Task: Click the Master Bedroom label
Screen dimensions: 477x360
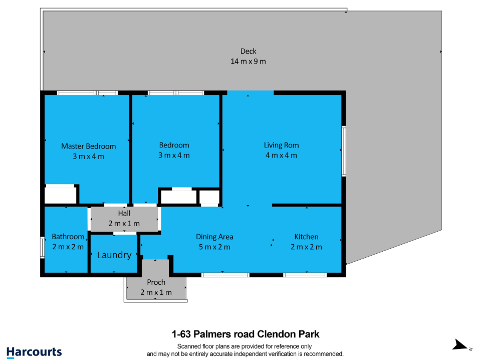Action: (89, 146)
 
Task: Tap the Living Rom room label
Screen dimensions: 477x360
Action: (282, 145)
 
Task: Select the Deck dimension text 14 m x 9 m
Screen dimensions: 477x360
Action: (248, 62)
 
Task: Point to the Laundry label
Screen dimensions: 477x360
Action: (114, 255)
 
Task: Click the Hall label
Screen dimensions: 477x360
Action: (124, 213)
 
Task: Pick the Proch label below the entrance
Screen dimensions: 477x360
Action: (156, 282)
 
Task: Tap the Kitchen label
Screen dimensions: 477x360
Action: (306, 237)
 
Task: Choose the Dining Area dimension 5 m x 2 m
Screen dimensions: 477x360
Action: (214, 247)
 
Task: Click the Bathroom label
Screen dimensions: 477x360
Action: (68, 237)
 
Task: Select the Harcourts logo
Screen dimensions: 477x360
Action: (34, 352)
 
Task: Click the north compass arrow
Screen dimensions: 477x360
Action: (459, 345)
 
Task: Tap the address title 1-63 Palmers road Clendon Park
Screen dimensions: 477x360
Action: (246, 334)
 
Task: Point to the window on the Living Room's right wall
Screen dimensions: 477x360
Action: (344, 151)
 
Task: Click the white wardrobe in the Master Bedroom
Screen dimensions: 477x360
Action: (60, 195)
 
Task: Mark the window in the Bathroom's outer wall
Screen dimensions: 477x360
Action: (42, 248)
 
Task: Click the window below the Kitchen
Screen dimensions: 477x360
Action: (305, 275)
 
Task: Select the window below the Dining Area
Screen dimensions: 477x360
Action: (225, 275)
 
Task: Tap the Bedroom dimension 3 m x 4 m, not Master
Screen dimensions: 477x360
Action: (174, 155)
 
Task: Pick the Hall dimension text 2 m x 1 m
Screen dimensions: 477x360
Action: (124, 224)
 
